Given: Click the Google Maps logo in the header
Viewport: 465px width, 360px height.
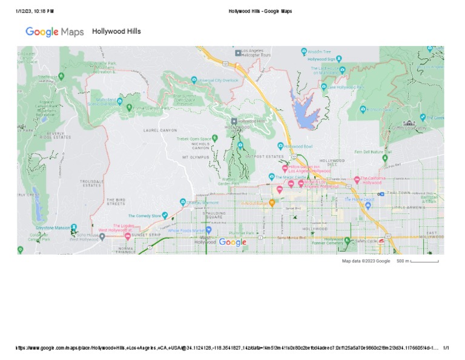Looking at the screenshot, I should (54, 32).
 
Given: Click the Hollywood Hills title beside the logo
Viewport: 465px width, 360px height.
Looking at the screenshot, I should (116, 31).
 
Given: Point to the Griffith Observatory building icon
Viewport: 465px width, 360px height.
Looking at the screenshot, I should (410, 123).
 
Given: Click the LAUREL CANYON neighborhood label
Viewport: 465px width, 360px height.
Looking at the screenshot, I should (160, 130).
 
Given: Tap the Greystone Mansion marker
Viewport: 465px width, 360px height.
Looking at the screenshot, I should (53, 228).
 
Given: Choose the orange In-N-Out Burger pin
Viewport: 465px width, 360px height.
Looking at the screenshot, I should (272, 203).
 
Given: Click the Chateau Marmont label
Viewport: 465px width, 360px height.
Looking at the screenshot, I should (202, 202).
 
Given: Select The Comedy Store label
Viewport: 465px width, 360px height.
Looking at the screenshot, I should (145, 216).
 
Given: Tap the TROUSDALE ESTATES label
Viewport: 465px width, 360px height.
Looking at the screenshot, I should (92, 183).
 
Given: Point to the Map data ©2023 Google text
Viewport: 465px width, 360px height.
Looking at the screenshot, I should (366, 261).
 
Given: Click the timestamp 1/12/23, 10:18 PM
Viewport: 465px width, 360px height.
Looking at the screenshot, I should (35, 11).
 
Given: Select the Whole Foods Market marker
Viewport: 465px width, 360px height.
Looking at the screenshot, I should (208, 230).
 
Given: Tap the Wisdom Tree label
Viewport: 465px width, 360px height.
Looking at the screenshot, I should (319, 52).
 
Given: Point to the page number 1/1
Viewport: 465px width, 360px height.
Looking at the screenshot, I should (446, 348).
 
